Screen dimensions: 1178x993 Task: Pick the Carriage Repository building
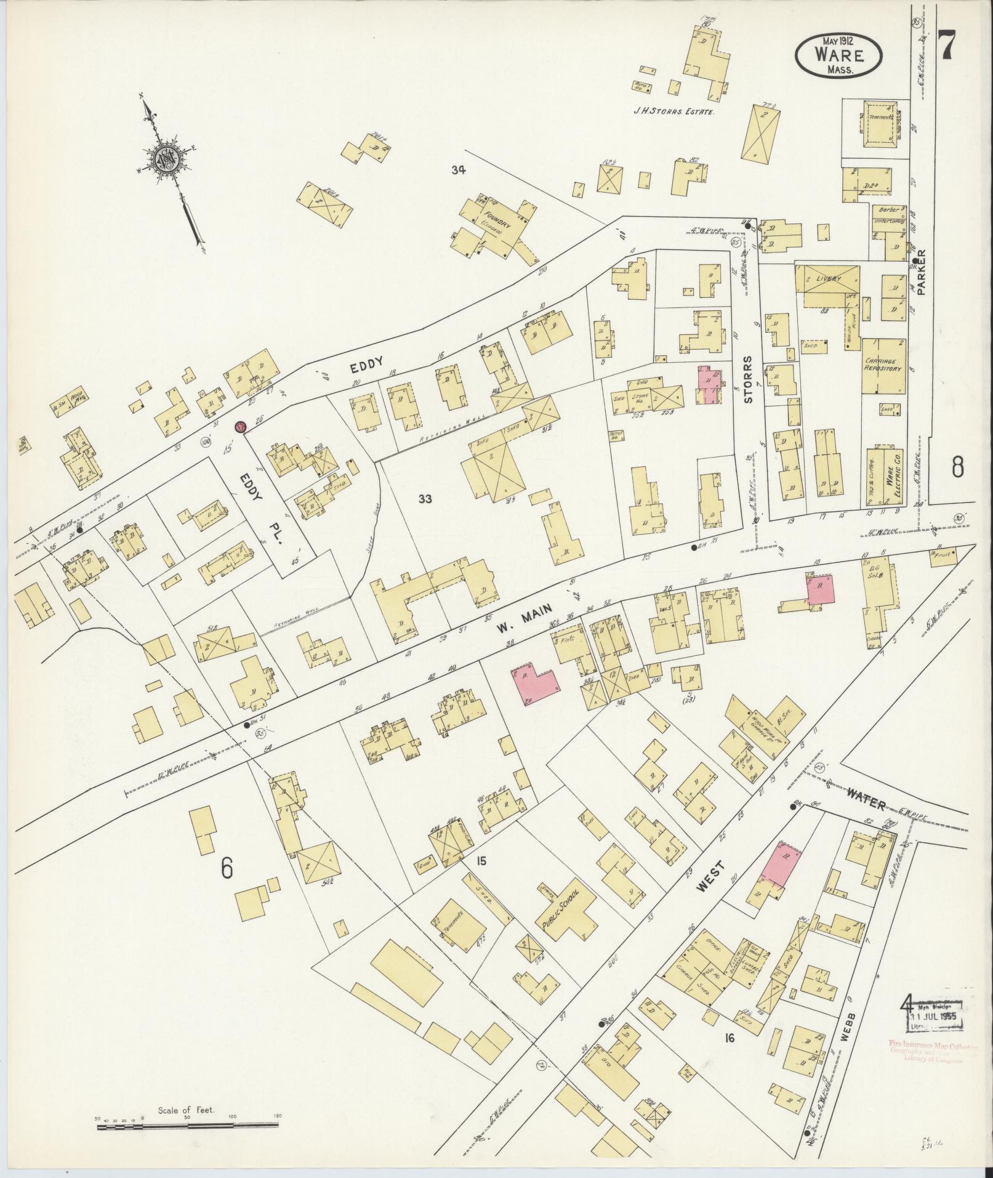pos(882,366)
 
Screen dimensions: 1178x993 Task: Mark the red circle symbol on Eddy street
pos(240,426)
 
